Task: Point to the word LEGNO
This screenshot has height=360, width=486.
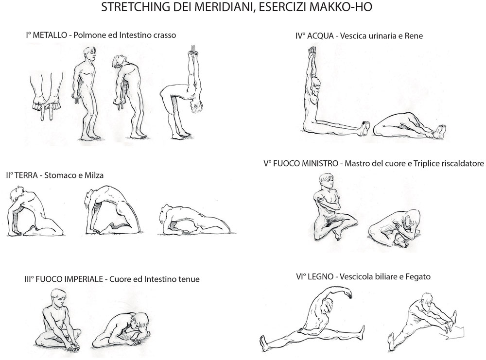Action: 321,276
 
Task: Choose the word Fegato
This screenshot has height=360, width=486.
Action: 418,276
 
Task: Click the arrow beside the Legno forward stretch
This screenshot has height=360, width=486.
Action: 455,332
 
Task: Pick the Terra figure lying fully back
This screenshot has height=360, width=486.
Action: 195,220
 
